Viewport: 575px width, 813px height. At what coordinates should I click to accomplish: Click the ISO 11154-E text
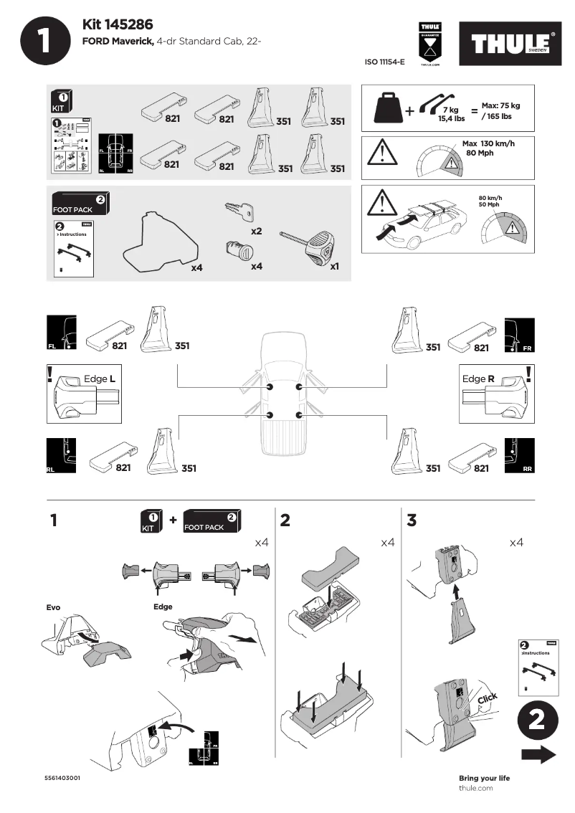(x=385, y=62)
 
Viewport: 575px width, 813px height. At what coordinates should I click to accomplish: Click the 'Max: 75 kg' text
(x=500, y=105)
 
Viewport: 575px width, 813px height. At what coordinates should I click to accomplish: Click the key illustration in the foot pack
(x=239, y=210)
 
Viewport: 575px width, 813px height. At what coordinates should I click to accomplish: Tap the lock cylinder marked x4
(x=239, y=253)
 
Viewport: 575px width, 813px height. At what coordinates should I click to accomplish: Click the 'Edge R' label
(x=478, y=379)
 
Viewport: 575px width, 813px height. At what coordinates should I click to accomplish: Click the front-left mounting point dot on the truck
(x=270, y=387)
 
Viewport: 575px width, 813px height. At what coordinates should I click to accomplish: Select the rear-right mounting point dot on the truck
(x=298, y=415)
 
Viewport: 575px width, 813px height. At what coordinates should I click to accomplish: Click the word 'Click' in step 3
(x=487, y=699)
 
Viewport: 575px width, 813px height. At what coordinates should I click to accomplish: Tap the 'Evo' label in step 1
(x=53, y=607)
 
